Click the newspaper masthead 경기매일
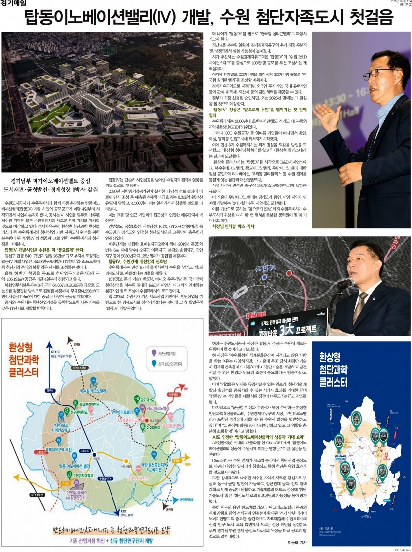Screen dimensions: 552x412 [x=13, y=4]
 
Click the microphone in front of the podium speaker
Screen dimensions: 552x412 [x=345, y=283]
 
